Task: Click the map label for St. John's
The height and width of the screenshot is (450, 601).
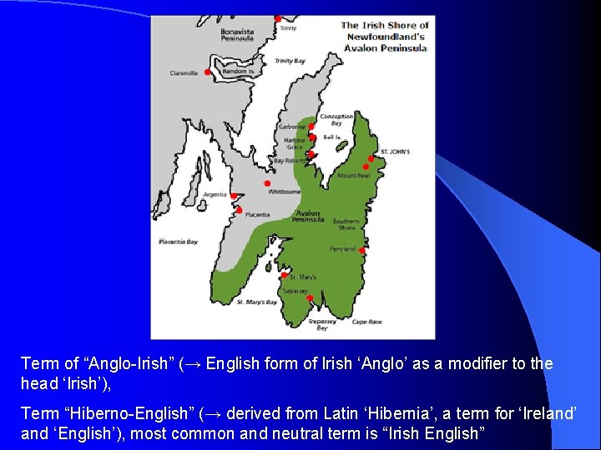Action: click(x=395, y=152)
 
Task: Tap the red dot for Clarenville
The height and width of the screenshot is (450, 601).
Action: click(x=208, y=72)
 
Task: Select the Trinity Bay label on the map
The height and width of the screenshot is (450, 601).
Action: click(x=290, y=61)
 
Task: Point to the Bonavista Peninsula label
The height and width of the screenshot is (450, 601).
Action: click(x=237, y=34)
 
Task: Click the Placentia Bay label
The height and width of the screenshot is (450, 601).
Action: click(x=179, y=242)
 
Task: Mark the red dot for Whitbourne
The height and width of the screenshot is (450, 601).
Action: click(x=267, y=183)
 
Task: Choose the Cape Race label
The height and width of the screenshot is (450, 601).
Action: click(x=366, y=322)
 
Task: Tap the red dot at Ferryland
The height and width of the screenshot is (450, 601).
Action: click(x=361, y=248)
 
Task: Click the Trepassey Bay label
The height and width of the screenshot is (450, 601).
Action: click(x=322, y=324)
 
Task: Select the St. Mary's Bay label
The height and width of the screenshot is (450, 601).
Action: click(x=256, y=302)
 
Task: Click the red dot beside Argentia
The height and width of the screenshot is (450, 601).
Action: click(x=235, y=197)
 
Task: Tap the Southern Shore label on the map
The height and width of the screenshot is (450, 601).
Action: click(x=346, y=223)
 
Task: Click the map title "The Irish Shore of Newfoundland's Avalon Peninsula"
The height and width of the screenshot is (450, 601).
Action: click(x=385, y=37)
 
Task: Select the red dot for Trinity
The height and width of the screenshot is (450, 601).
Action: click(x=278, y=17)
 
